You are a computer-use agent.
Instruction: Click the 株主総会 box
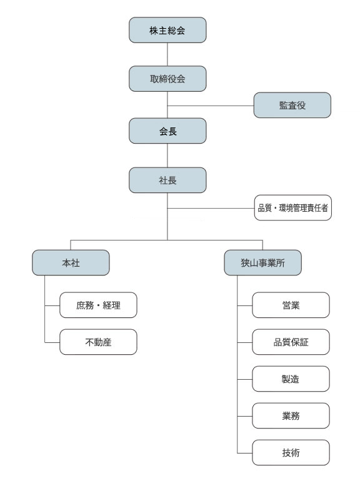click(167, 30)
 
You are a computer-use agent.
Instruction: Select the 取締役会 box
click(167, 79)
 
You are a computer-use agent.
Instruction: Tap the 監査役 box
click(292, 105)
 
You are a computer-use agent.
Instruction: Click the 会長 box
click(167, 131)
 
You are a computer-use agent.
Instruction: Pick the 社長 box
click(167, 180)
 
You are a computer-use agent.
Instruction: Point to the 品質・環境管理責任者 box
click(292, 207)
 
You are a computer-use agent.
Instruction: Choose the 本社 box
click(71, 262)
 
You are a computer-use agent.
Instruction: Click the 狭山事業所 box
click(262, 262)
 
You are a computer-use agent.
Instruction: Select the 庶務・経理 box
click(98, 305)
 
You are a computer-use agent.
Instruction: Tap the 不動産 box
click(98, 342)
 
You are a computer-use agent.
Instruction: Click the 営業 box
click(291, 305)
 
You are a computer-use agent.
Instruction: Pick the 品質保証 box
click(291, 342)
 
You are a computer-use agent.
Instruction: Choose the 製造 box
click(291, 379)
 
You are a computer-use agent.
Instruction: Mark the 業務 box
click(291, 415)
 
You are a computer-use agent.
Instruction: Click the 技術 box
click(291, 452)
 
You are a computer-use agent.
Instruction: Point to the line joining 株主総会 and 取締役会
click(167, 54)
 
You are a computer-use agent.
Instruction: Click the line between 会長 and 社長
click(167, 156)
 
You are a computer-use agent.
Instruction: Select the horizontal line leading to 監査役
click(211, 106)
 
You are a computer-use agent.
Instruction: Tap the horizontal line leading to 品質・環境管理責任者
click(211, 208)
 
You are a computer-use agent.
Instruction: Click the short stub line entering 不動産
click(52, 342)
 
